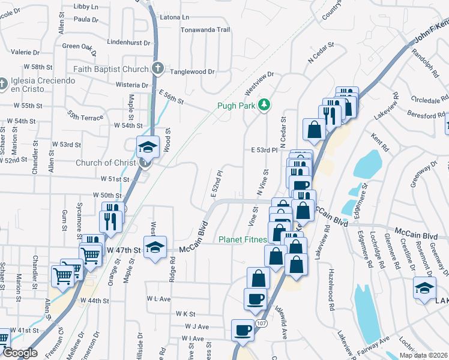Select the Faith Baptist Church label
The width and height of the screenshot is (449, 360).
(111, 69)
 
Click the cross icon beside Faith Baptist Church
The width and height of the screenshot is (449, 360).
(157, 68)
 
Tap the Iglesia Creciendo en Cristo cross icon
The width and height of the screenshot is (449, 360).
(2, 81)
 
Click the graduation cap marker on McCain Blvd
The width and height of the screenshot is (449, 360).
(155, 248)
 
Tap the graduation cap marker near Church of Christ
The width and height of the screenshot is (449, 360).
(148, 146)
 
